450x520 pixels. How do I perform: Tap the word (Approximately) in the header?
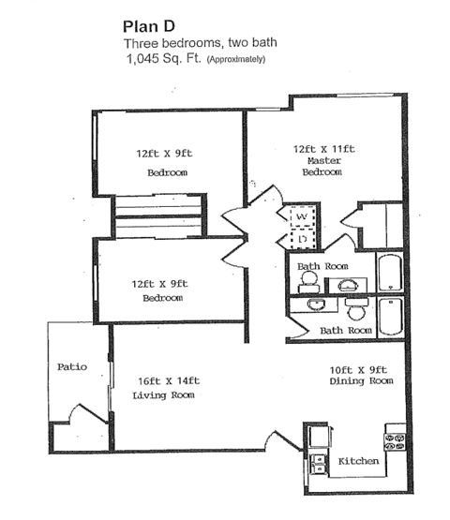coord(236,60)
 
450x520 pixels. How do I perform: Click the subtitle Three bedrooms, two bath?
coord(200,43)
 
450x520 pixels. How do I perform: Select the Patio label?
coord(71,366)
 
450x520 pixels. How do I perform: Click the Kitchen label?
coord(357,461)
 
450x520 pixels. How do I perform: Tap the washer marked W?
coord(303,217)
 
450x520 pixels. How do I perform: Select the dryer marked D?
coord(303,240)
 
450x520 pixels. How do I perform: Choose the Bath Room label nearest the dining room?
coord(346,330)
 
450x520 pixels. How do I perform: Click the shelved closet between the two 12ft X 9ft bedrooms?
coord(157,217)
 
